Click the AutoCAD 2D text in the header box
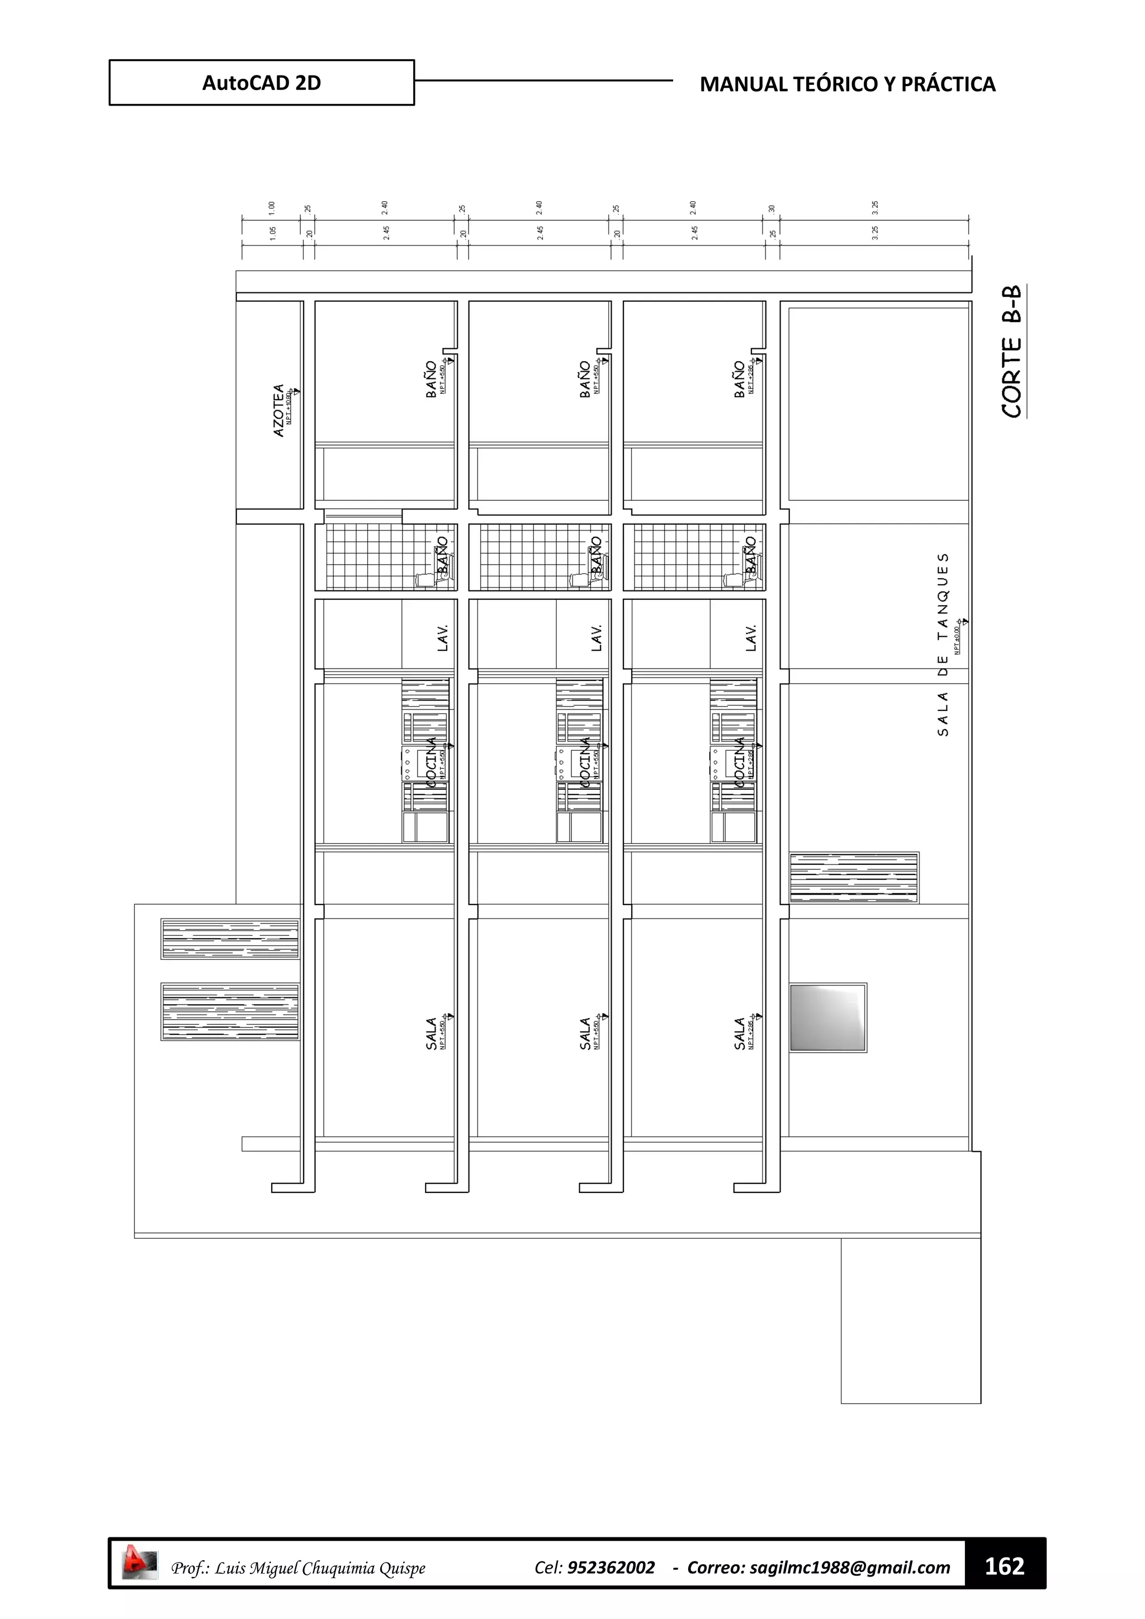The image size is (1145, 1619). click(261, 83)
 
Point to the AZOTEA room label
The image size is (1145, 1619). click(279, 410)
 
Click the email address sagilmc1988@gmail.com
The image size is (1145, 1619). click(850, 1568)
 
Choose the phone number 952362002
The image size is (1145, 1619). click(611, 1568)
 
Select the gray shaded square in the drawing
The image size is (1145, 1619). click(828, 1017)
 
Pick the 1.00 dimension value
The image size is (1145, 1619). click(272, 208)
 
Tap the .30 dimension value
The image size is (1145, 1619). click(772, 210)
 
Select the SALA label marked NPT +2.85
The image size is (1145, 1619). click(740, 1033)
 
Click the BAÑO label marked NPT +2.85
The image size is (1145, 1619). click(740, 380)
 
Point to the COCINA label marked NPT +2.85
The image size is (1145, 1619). click(740, 762)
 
